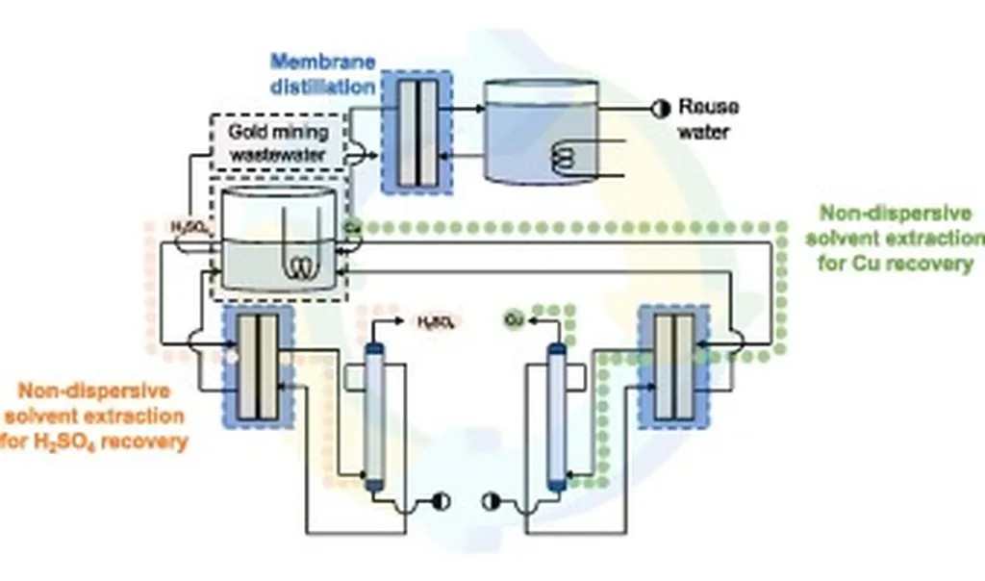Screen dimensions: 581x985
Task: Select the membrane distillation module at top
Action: [x=417, y=132]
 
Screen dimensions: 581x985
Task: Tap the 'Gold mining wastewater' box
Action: [x=277, y=142]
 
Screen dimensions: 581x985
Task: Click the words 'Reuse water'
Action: [x=708, y=119]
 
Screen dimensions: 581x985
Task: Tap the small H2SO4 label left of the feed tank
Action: [x=188, y=227]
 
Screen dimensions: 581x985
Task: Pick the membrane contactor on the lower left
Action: [x=258, y=366]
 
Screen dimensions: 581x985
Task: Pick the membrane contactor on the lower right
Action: [x=673, y=366]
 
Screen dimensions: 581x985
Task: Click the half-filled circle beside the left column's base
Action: [x=442, y=500]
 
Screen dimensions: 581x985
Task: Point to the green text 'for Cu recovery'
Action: [x=897, y=263]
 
